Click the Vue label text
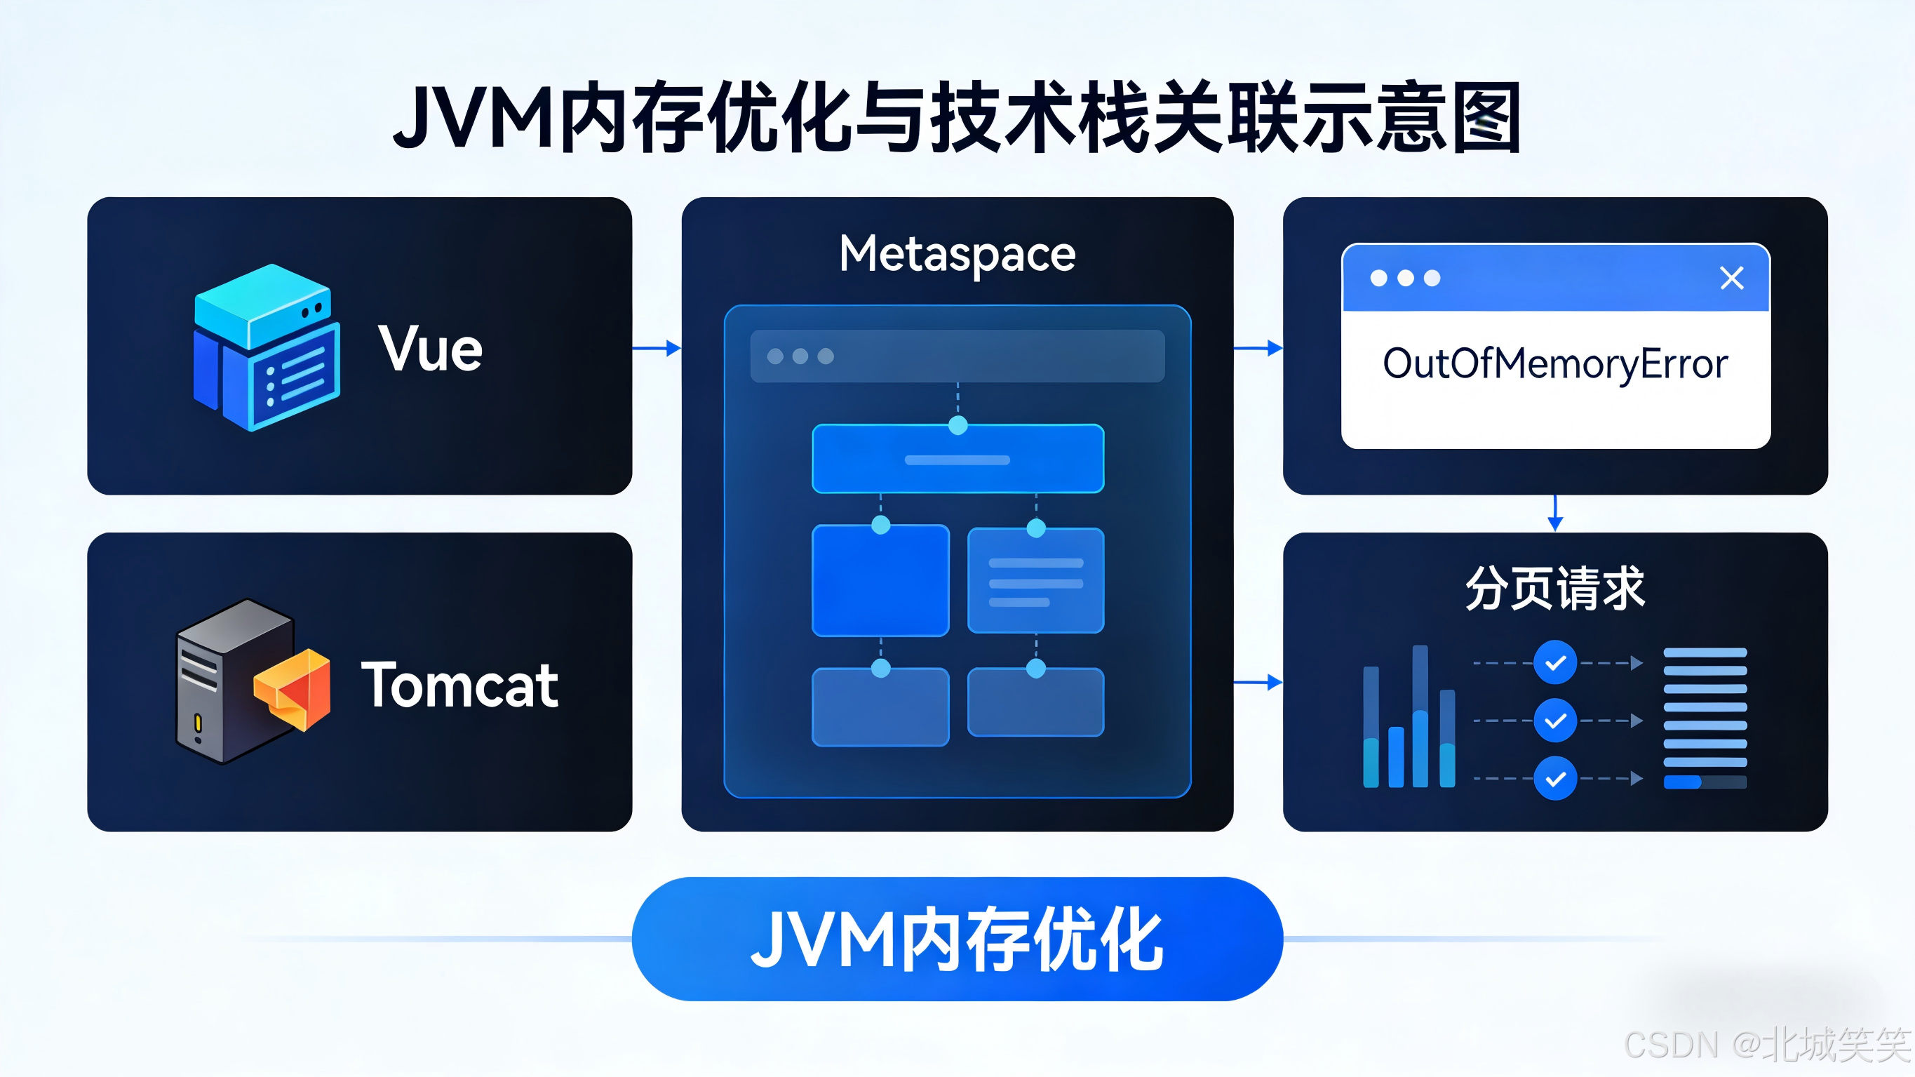[431, 348]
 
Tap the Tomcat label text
[459, 685]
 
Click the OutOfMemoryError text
[1555, 364]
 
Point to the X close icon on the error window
[1731, 278]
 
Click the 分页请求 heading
[1555, 587]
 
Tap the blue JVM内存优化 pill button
[957, 939]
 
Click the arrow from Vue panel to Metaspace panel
[657, 347]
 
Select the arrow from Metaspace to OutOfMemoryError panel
[1258, 347]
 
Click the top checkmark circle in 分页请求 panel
[1555, 662]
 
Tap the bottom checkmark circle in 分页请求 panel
[1555, 779]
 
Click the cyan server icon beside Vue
[266, 347]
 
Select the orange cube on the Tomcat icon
[294, 689]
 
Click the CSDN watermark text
[1766, 1044]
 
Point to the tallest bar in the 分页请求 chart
[1420, 716]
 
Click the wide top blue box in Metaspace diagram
[957, 459]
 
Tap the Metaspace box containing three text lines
[1035, 581]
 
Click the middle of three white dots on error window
[1405, 278]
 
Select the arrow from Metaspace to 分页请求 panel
[1258, 682]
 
